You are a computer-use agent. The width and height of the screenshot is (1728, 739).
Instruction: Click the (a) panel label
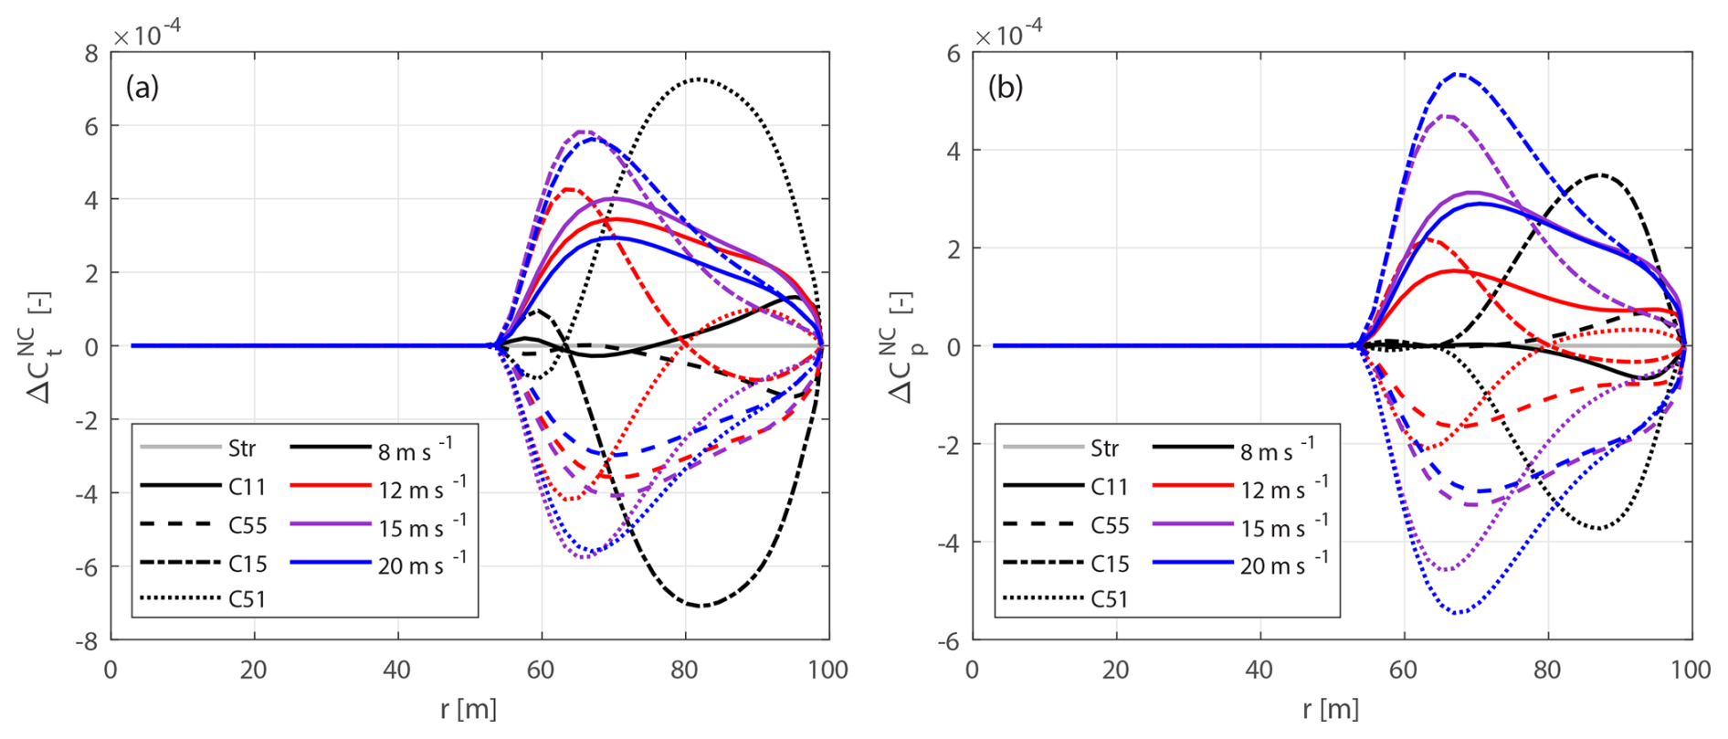click(142, 88)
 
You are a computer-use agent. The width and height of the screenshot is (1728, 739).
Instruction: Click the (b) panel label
click(1005, 88)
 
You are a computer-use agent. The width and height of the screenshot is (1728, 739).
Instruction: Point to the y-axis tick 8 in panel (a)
click(91, 53)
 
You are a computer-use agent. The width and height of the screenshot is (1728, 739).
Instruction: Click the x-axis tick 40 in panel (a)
click(397, 670)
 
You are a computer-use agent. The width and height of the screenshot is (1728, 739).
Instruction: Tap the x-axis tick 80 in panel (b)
click(1547, 670)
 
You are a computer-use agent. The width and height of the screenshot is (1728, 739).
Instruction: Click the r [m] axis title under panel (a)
click(468, 709)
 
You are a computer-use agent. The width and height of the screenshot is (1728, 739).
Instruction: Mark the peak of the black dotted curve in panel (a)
click(698, 79)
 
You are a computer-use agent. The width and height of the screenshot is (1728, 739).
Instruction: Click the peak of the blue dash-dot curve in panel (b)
click(1459, 74)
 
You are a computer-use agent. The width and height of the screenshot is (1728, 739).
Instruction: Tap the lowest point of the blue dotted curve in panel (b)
click(1459, 613)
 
